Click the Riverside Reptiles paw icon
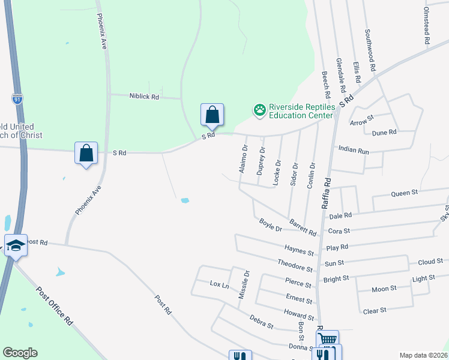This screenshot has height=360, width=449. point(259,110)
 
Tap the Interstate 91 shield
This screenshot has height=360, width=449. point(17,99)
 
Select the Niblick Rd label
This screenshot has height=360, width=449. point(143,96)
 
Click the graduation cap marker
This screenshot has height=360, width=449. point(16,245)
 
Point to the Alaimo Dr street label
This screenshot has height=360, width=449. point(243,160)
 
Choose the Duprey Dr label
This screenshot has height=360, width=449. point(261,161)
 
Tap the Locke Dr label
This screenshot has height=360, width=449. point(277,171)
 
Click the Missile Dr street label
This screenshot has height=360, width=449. point(243,284)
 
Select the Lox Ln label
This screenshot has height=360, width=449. point(220,284)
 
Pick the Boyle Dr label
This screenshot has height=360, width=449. point(270,225)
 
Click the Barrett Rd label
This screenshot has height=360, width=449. point(303,227)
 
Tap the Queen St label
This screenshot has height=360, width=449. point(404,193)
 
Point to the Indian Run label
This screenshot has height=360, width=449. point(354,150)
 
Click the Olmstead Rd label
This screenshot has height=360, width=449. point(427,26)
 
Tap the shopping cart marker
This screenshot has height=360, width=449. point(327,340)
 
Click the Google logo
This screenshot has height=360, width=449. point(20,353)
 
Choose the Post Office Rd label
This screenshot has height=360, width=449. point(54,306)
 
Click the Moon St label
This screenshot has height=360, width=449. point(385,289)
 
